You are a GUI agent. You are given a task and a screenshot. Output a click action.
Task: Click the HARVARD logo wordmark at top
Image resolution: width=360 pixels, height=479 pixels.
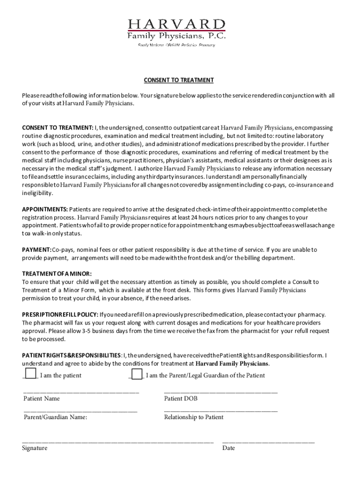click(x=177, y=24)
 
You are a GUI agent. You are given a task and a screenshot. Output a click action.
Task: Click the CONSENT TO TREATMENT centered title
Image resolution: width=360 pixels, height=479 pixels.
click(x=179, y=80)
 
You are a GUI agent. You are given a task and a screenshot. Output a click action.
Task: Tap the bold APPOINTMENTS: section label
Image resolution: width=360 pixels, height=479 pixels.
click(x=45, y=209)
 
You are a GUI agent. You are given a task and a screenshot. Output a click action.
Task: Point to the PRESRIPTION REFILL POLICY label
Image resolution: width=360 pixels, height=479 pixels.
click(x=60, y=314)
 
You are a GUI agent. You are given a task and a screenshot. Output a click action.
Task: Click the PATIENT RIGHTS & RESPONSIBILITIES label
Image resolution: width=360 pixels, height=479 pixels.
click(x=72, y=356)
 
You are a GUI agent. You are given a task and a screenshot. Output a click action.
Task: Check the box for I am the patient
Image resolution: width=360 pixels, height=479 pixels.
click(x=30, y=374)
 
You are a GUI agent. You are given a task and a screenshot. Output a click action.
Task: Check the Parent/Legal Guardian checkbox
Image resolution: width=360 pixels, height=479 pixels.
click(x=137, y=374)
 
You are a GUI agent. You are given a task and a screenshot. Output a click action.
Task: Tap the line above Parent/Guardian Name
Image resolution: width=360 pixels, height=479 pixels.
click(x=80, y=411)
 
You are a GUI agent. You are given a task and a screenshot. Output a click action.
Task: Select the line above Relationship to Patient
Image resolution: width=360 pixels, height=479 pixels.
click(x=221, y=411)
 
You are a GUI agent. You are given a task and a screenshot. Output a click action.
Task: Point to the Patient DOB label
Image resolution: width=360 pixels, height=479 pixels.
click(x=180, y=399)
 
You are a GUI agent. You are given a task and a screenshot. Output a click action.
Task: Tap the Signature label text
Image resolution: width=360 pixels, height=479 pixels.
click(x=35, y=448)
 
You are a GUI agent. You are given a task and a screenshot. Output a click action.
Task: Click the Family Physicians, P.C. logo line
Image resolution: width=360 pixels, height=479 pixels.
click(x=177, y=36)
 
